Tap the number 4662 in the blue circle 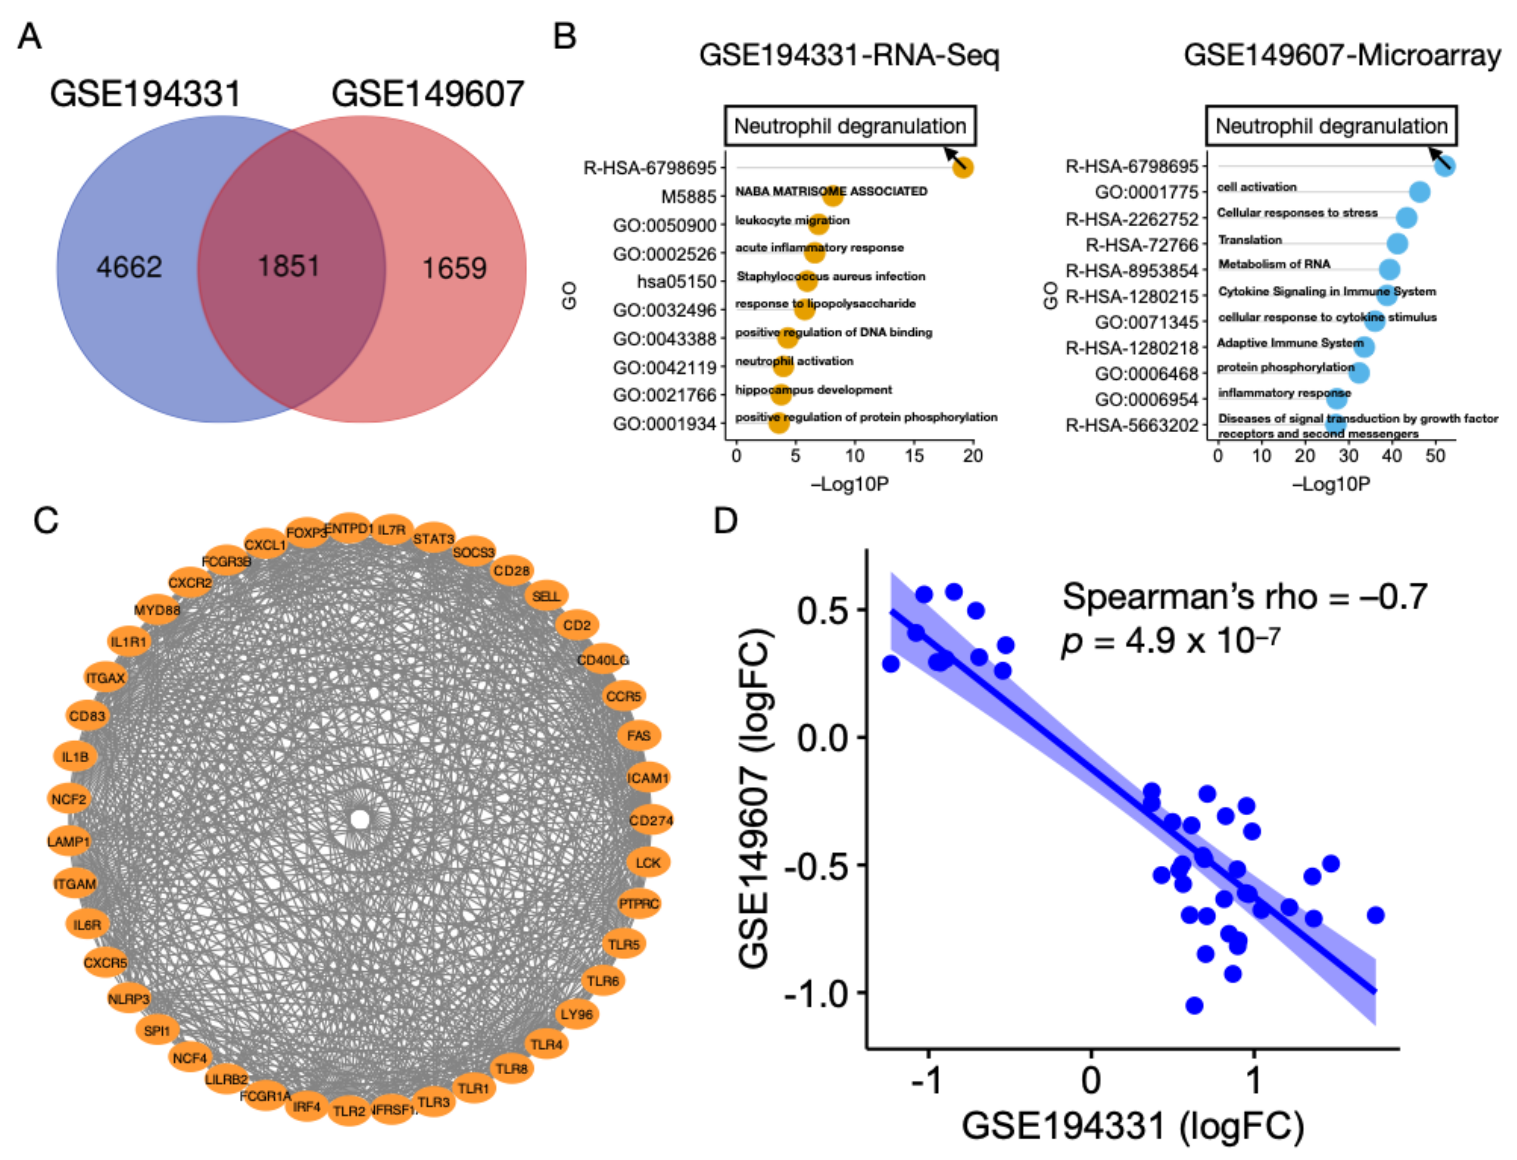(129, 267)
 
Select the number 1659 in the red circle (454, 268)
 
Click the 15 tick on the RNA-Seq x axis (913, 456)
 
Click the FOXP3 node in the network (307, 533)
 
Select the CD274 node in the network (651, 820)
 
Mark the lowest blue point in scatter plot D (1194, 1005)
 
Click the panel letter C (46, 521)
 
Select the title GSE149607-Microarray (1342, 55)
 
